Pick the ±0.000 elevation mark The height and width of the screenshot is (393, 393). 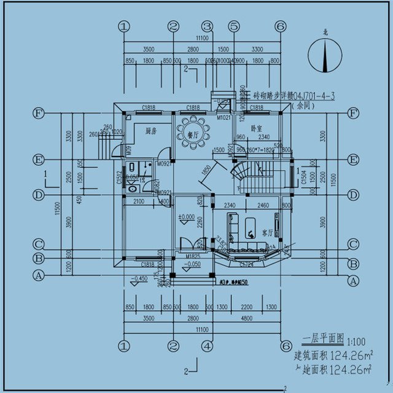(x=187, y=217)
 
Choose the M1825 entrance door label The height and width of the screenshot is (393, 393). (x=186, y=255)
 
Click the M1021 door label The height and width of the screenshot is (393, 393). (x=224, y=117)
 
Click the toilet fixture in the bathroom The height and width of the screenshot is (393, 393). (x=133, y=189)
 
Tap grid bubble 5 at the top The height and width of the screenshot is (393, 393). (x=234, y=26)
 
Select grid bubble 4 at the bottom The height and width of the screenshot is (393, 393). (x=208, y=346)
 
